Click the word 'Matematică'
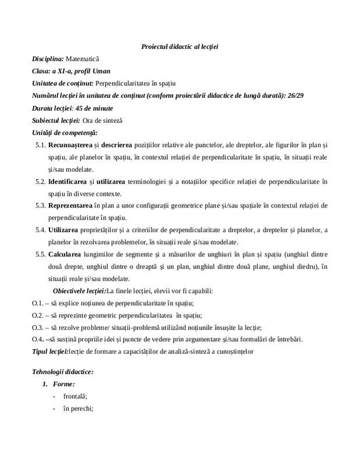click(83, 59)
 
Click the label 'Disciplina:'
click(48, 59)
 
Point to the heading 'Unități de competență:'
click(65, 133)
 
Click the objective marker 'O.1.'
click(38, 303)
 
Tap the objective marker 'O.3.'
click(38, 327)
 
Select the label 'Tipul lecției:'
click(50, 351)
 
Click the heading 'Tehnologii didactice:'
click(62, 372)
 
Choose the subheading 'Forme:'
click(63, 384)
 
